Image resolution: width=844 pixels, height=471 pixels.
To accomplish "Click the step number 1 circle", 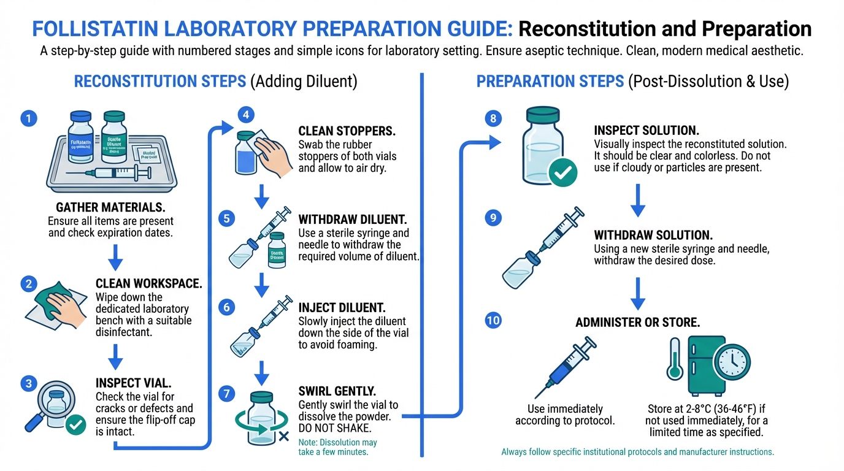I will (x=28, y=118).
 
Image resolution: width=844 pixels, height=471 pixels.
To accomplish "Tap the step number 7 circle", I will (x=227, y=394).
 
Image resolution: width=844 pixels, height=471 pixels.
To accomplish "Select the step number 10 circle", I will (x=493, y=320).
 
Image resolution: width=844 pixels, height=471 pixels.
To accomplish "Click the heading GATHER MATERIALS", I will (x=110, y=208).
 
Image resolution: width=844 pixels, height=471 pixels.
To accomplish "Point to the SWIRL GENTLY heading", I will (x=337, y=391).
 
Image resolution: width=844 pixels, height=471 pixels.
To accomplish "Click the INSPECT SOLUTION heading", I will (x=646, y=131).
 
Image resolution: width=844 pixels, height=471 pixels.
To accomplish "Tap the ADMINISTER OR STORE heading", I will (x=637, y=323).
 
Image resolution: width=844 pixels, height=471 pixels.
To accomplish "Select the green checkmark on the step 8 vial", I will (x=563, y=174).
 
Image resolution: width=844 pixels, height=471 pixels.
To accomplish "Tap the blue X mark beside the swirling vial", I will (x=283, y=437).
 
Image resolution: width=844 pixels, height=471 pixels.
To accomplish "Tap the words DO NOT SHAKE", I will (x=336, y=428).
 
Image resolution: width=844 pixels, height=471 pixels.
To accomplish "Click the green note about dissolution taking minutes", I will (x=337, y=447).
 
